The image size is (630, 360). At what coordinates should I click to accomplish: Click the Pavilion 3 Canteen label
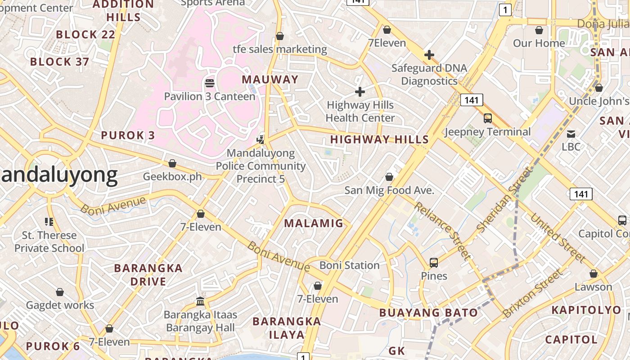point(209,96)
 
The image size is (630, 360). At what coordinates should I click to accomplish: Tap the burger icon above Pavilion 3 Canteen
point(210,83)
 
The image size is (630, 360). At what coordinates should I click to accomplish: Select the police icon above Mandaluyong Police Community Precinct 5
point(261,139)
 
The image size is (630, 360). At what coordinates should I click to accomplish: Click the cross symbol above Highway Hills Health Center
point(360,92)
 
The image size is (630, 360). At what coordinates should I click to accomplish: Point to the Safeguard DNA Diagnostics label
point(429,75)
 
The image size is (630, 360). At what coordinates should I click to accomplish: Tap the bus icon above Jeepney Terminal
point(488,118)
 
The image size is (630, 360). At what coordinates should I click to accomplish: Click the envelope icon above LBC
point(571,134)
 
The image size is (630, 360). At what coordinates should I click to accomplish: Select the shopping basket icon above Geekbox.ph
point(172,163)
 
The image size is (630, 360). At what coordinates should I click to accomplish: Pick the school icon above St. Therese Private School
point(49,221)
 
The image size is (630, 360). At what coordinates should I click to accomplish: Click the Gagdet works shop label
point(60,305)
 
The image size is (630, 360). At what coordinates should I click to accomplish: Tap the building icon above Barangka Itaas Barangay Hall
point(201,301)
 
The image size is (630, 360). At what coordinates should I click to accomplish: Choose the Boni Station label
point(350,265)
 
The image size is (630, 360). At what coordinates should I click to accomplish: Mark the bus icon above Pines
point(434,262)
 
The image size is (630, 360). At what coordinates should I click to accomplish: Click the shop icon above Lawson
point(594,274)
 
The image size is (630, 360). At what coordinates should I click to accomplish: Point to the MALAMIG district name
point(314,223)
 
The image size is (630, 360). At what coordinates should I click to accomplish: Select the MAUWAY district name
point(270,80)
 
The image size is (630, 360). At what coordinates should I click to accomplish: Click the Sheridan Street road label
point(504,200)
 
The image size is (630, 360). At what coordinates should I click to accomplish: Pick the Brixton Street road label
point(532,293)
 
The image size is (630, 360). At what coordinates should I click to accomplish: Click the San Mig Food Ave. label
point(389,190)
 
